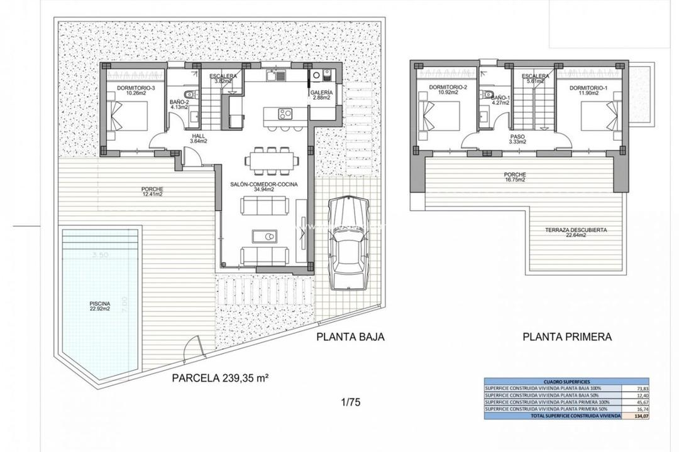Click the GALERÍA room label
tap(321, 94)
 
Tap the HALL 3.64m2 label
tap(199, 138)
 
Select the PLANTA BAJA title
tap(350, 336)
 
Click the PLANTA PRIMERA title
tap(566, 336)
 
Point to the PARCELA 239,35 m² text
tap(220, 378)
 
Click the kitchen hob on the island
tap(285, 114)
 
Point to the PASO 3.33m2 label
tap(517, 138)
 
